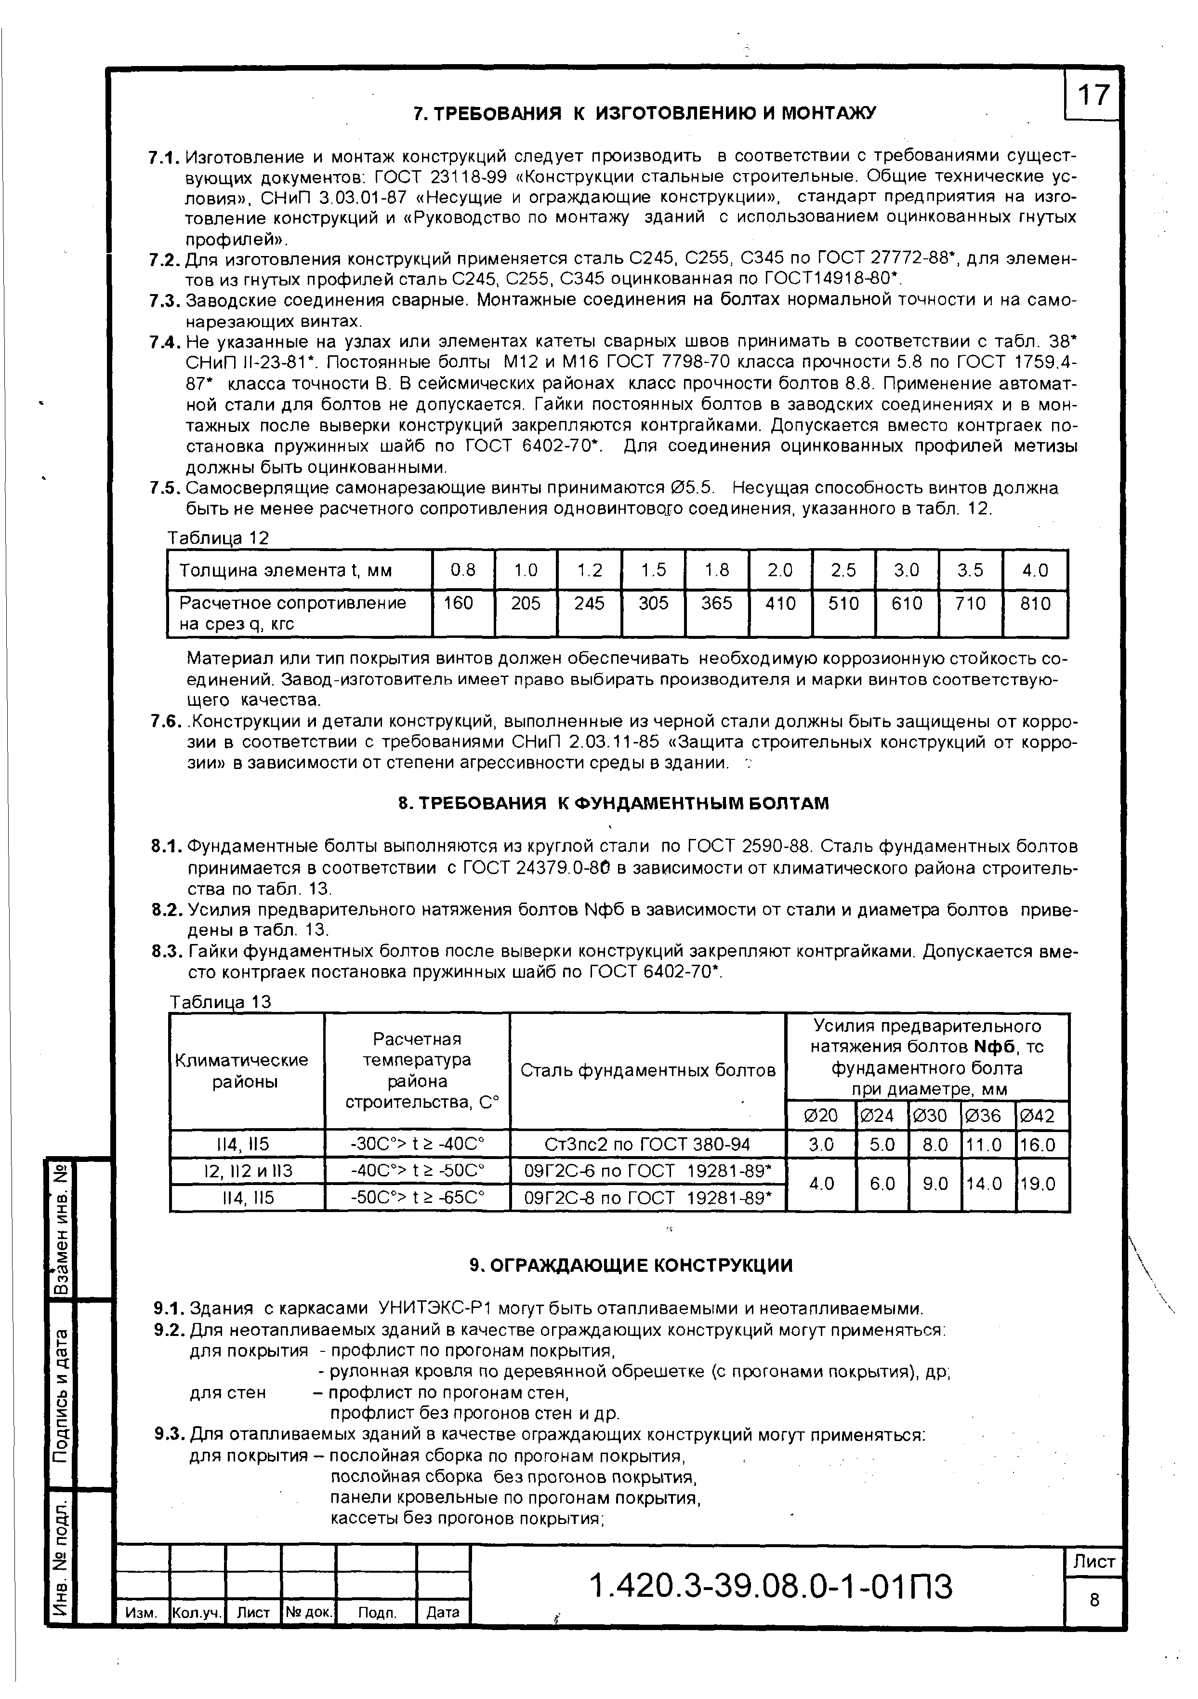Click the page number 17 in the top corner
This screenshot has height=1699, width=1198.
(x=1093, y=94)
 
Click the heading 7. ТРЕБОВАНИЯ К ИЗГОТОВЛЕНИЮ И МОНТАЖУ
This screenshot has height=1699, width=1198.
(x=644, y=113)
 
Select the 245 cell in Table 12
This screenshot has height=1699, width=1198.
(x=590, y=604)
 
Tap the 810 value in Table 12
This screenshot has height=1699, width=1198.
(x=1035, y=604)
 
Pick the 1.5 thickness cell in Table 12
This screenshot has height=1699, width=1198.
(x=653, y=570)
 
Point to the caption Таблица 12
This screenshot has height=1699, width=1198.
(x=219, y=538)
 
